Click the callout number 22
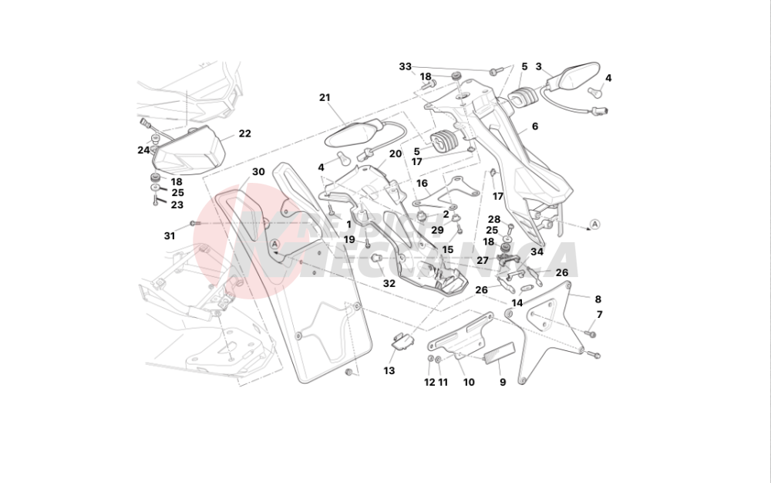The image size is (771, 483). tap(244, 133)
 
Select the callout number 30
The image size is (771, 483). tap(258, 172)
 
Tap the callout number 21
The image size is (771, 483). tap(325, 97)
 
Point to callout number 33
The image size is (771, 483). tap(406, 66)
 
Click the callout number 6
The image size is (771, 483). tap(534, 126)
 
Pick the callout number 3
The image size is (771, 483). tap(539, 66)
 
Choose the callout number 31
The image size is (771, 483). tap(170, 236)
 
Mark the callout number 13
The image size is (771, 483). tap(389, 371)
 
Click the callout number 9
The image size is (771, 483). tap(502, 382)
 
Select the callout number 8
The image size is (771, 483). tap(598, 299)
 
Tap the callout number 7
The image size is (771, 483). tap(599, 314)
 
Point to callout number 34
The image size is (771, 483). tap(537, 252)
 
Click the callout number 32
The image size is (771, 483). tap(389, 283)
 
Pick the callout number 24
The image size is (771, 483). tap(144, 150)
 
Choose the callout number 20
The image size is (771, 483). tap(396, 154)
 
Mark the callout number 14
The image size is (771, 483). tap(517, 302)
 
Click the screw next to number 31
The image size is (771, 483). tap(195, 224)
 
